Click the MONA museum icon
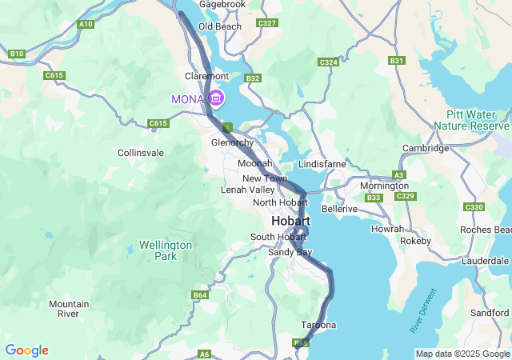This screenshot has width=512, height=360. coord(216,98)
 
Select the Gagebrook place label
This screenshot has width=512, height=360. coord(222,5)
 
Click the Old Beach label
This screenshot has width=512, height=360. coord(220,26)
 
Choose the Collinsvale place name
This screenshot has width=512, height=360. coord(141,152)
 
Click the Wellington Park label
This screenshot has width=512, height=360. coord(166,250)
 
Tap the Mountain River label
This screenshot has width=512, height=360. coord(69,309)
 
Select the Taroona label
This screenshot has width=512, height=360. coord(318,325)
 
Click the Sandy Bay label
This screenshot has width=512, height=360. coord(290,252)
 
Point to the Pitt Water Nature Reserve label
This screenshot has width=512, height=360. coord(471,120)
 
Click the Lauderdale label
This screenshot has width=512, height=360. coord(486,261)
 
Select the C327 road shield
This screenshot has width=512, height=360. coord(266,23)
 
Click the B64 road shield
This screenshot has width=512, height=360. coord(200,295)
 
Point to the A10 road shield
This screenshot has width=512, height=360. coord(86,25)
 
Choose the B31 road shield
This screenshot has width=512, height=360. coord(396,60)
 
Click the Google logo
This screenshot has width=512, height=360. coord(26,350)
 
